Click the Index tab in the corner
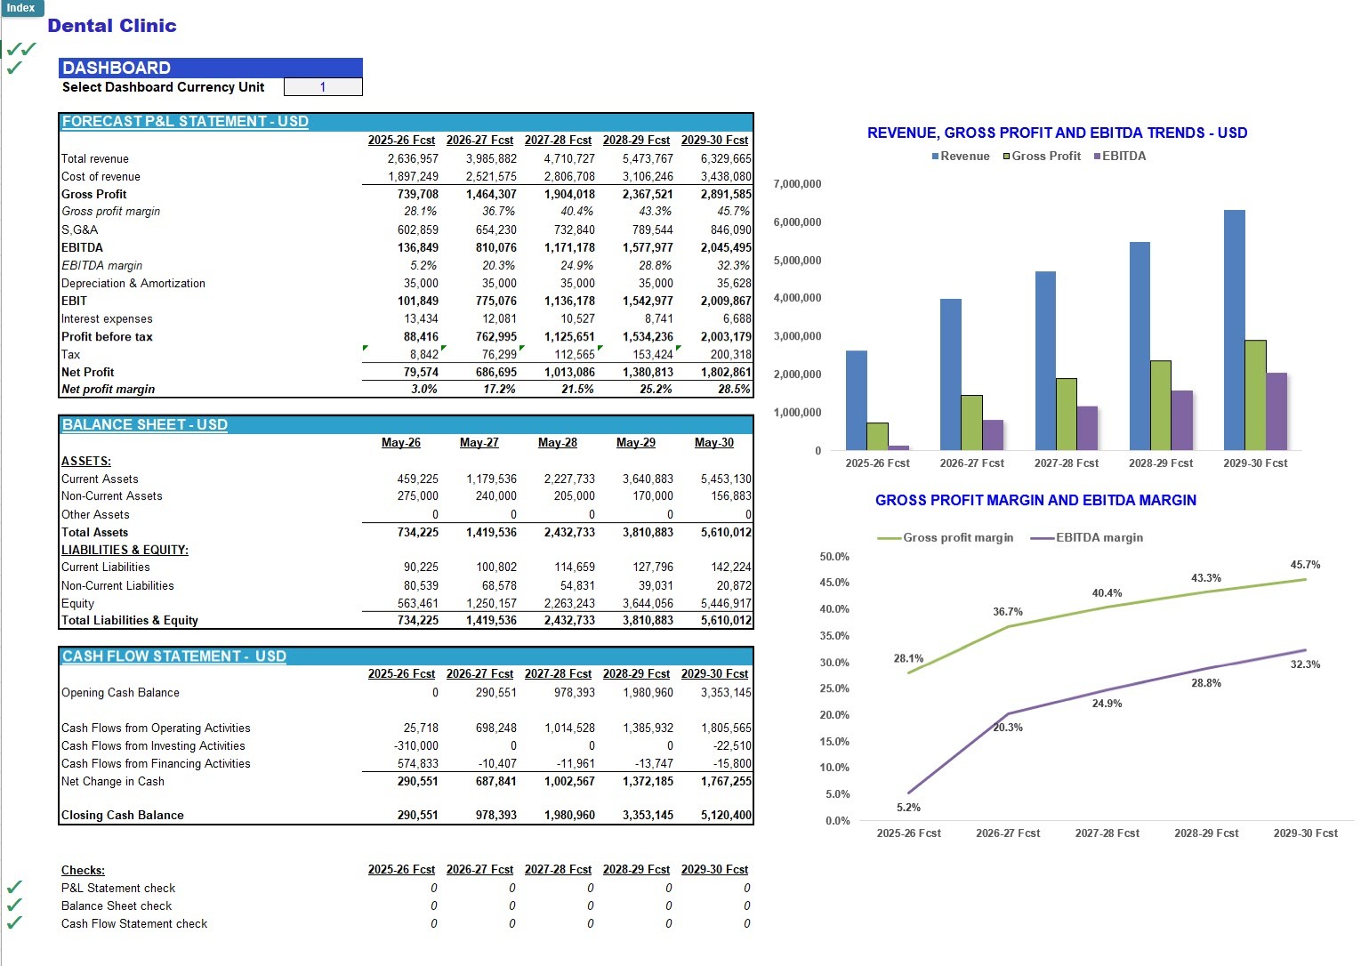[21, 8]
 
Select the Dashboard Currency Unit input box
[323, 87]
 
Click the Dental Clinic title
[112, 26]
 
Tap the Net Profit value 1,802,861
[726, 372]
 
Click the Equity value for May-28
[569, 603]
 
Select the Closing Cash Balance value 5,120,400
[726, 816]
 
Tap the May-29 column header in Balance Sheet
[635, 442]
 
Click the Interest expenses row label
[107, 319]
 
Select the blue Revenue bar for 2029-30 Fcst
[1234, 330]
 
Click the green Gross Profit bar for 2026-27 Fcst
[971, 423]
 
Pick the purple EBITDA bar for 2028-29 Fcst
[1182, 421]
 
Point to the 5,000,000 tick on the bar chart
[797, 260]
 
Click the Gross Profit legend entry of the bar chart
[1042, 157]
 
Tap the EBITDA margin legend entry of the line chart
[1087, 537]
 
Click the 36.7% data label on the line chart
[1007, 612]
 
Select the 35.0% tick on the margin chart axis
[834, 635]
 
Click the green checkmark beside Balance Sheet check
[14, 905]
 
